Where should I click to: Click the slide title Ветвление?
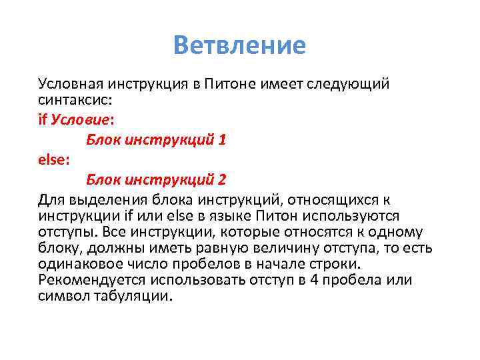(x=239, y=45)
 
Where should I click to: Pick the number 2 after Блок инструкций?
(x=222, y=180)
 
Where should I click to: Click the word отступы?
(x=68, y=232)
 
